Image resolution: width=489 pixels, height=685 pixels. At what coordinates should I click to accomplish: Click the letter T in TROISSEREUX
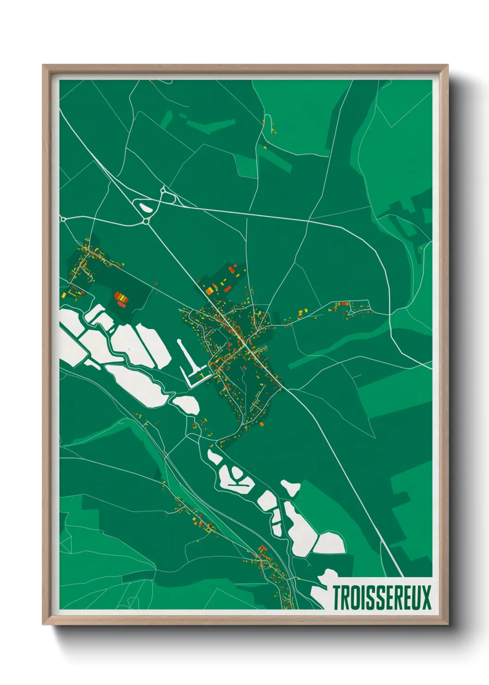pyautogui.click(x=337, y=598)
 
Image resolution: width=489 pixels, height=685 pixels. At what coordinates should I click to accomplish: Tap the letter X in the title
pyautogui.click(x=426, y=598)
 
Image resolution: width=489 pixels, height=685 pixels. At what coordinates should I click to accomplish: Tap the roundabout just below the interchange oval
pyautogui.click(x=147, y=222)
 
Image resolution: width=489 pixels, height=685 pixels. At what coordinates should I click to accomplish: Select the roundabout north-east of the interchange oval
pyautogui.click(x=163, y=190)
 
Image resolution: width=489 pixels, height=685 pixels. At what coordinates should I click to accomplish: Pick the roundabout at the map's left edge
pyautogui.click(x=63, y=219)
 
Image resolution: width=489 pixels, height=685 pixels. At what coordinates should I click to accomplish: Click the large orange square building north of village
pyautogui.click(x=209, y=291)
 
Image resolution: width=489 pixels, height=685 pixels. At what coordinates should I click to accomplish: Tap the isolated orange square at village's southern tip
pyautogui.click(x=262, y=423)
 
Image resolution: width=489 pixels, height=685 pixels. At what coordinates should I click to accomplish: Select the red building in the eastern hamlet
pyautogui.click(x=344, y=304)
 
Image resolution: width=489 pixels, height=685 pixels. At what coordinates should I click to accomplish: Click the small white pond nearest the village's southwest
pyautogui.click(x=187, y=404)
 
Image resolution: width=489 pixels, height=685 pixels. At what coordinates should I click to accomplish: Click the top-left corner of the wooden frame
pyautogui.click(x=43, y=66)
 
